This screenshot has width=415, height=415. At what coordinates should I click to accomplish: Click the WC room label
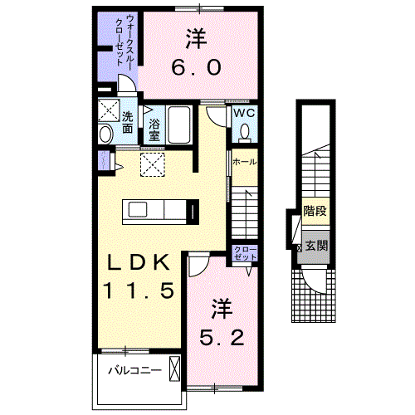244,113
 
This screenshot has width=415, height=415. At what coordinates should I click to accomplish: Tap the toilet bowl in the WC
245,132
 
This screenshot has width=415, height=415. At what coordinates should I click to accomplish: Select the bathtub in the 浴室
179,124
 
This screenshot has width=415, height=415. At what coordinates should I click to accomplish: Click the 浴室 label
154,129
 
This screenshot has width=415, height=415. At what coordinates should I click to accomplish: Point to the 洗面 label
127,122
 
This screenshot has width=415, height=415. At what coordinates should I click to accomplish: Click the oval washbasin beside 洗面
105,134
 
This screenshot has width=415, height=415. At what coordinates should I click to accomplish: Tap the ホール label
244,162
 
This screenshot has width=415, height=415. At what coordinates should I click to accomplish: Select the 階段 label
315,211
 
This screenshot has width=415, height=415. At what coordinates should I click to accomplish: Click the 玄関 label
316,245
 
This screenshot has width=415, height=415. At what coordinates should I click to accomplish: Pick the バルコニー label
134,370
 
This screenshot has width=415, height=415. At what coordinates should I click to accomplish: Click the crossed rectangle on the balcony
174,369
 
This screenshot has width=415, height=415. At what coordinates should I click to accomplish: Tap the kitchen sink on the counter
138,209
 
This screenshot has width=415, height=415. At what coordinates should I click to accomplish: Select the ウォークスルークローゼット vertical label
124,41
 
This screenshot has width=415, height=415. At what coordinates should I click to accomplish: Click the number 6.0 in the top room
196,67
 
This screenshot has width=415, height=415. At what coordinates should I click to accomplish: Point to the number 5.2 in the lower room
222,338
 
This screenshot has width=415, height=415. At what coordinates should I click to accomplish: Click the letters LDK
139,262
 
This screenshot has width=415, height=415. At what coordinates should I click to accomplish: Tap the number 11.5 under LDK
139,290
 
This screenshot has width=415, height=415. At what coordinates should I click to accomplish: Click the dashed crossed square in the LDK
153,164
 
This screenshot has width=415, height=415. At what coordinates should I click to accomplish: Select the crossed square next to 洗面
109,110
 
